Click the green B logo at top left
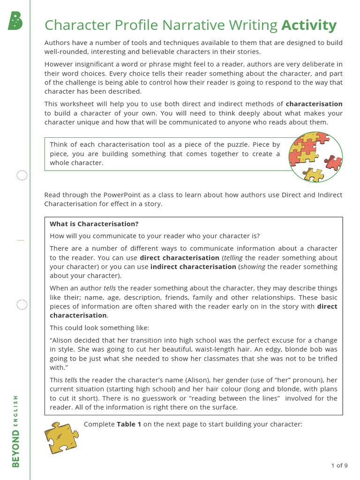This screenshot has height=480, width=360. (15, 21)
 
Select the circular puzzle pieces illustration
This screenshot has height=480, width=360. (315, 156)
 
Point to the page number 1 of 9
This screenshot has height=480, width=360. (339, 465)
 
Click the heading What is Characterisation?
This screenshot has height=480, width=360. (94, 224)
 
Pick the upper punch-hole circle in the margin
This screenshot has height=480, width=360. (22, 176)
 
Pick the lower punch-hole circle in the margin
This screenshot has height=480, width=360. (22, 305)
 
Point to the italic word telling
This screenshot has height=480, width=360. (233, 258)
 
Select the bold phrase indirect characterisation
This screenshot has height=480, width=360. (193, 267)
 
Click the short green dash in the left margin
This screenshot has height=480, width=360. (20, 240)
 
